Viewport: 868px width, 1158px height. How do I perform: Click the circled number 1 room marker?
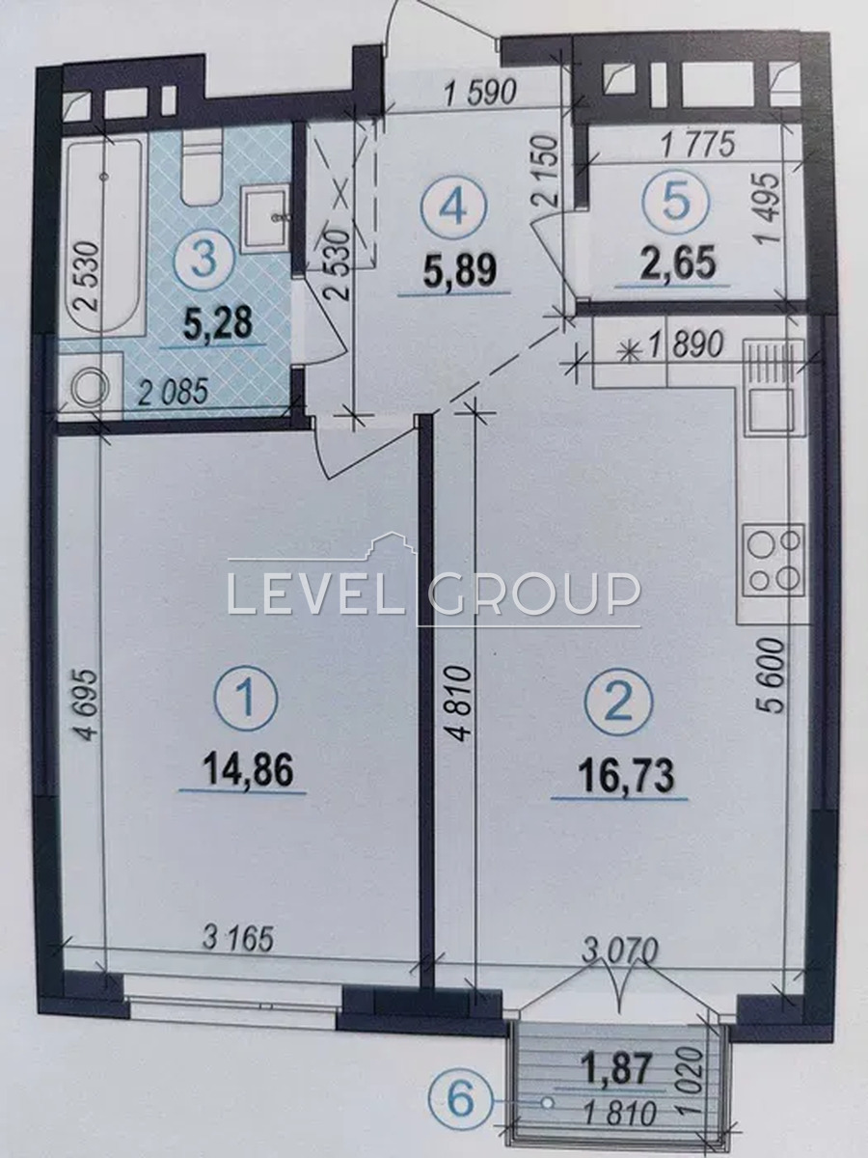click(246, 698)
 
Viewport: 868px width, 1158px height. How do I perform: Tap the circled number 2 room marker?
click(619, 701)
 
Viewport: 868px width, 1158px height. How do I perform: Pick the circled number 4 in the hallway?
click(455, 209)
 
